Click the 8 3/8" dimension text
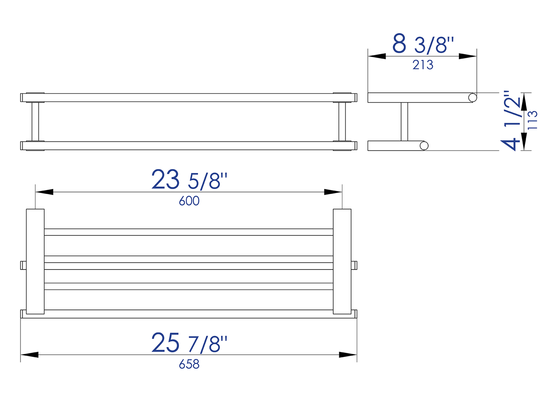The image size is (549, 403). [x=423, y=44]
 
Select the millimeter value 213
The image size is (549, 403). [x=423, y=65]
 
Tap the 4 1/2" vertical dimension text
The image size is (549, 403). [x=511, y=121]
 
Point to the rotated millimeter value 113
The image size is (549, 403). [x=533, y=120]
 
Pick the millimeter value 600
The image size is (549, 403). [x=189, y=201]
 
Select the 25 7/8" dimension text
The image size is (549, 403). [x=189, y=343]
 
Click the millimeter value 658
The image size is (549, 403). [x=189, y=364]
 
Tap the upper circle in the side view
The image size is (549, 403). [x=472, y=98]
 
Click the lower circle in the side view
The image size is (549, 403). [x=424, y=146]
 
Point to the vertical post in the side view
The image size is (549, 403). [x=404, y=122]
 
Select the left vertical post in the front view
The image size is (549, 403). [x=35, y=122]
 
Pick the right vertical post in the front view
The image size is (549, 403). [x=342, y=122]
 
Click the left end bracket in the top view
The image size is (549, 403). [x=35, y=262]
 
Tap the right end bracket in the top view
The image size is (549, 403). [x=342, y=262]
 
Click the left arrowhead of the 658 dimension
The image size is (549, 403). [x=30, y=355]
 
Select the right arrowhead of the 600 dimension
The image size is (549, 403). [x=333, y=192]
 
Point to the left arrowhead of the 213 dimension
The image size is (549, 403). [x=377, y=56]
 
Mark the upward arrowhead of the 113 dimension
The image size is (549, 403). [x=524, y=102]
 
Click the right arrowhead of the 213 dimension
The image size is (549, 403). [x=468, y=56]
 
